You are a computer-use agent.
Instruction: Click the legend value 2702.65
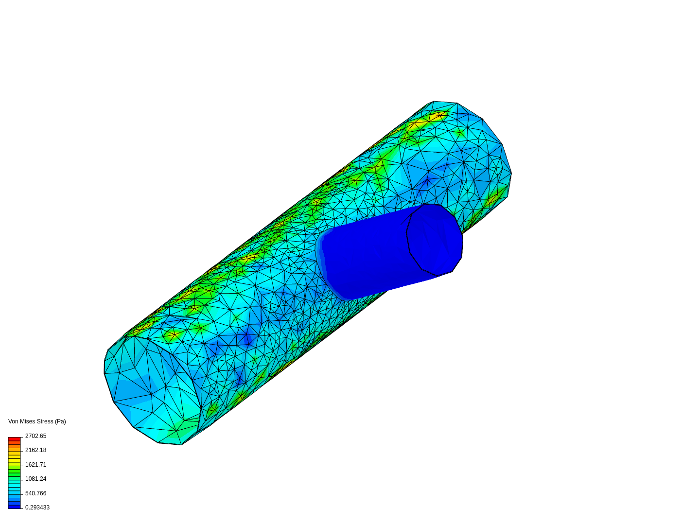(x=35, y=436)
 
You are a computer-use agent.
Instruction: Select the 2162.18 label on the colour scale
(x=35, y=450)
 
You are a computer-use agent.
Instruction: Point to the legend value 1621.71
(x=35, y=465)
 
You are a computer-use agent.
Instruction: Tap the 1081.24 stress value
(x=35, y=479)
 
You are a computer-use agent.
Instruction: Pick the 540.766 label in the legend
(x=35, y=493)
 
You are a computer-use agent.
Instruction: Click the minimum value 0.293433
(x=37, y=507)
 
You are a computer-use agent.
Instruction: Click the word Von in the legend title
(x=13, y=421)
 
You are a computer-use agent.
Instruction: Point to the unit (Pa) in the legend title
(x=60, y=421)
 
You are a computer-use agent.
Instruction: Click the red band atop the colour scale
(x=14, y=439)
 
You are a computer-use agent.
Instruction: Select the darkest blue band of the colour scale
(x=14, y=507)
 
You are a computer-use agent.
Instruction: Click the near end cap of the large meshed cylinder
(x=151, y=389)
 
